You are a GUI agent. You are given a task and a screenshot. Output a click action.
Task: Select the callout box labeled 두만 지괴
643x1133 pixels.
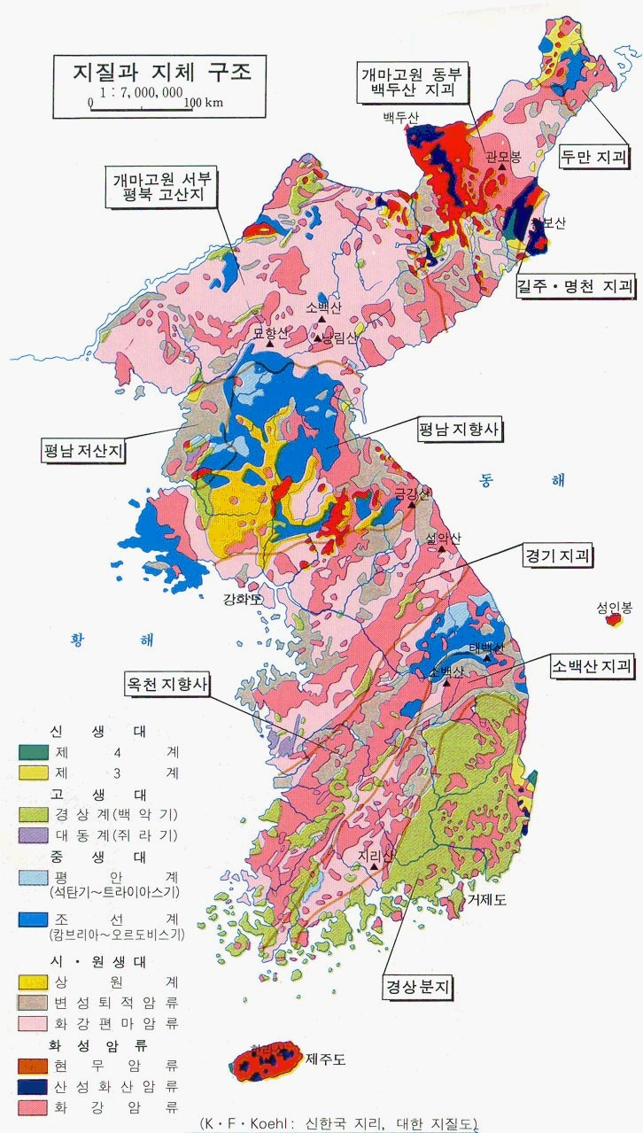click(x=594, y=159)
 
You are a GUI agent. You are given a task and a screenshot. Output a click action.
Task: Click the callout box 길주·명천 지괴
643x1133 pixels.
click(x=576, y=286)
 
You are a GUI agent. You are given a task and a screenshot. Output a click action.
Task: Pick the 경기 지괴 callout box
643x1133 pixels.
click(x=558, y=556)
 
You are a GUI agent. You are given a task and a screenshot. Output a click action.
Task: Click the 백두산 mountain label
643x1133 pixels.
click(x=397, y=117)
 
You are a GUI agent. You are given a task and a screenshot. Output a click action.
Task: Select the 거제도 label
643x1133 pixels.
click(x=487, y=900)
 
